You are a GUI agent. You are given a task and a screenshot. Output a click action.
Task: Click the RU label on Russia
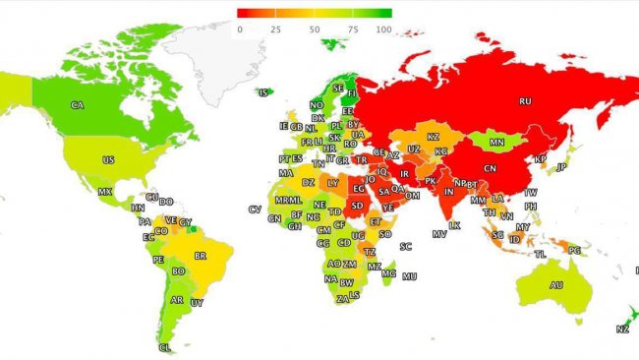pyautogui.click(x=525, y=100)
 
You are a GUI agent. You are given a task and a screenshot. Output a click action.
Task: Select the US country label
pyautogui.click(x=108, y=159)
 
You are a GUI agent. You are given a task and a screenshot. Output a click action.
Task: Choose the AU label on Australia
pyautogui.click(x=556, y=285)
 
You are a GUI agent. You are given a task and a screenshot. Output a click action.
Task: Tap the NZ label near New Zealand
pyautogui.click(x=622, y=329)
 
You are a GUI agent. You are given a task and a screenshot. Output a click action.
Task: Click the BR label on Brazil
pyautogui.click(x=201, y=256)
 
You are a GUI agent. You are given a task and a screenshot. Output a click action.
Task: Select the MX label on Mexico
pyautogui.click(x=104, y=192)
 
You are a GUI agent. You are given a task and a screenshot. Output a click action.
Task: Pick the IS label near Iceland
pyautogui.click(x=263, y=92)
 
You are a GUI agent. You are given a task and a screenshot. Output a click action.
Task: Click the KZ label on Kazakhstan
pyautogui.click(x=433, y=138)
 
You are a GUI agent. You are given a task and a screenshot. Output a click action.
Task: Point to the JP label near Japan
pyautogui.click(x=561, y=167)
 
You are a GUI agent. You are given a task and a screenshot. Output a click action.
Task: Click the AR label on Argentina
pyautogui.click(x=177, y=300)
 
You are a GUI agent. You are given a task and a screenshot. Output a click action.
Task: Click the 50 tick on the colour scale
pyautogui.click(x=315, y=30)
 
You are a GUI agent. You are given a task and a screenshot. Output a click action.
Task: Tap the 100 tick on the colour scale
pyautogui.click(x=383, y=30)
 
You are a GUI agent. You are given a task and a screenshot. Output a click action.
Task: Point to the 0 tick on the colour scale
pyautogui.click(x=240, y=30)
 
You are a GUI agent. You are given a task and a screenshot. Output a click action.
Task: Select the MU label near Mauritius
pyautogui.click(x=409, y=275)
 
